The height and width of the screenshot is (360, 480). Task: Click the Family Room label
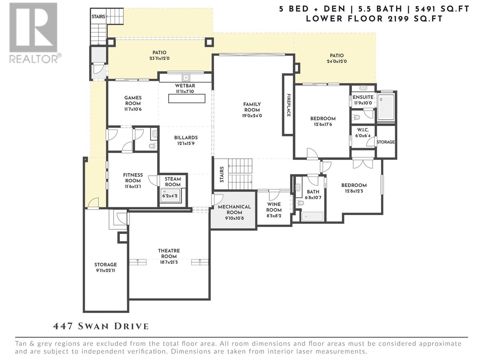pyautogui.click(x=252, y=107)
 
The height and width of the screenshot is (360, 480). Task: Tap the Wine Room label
pyautogui.click(x=274, y=207)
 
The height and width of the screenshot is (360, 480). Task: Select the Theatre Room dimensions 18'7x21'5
pyautogui.click(x=169, y=262)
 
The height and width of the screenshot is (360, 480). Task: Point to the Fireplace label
pyautogui.click(x=289, y=105)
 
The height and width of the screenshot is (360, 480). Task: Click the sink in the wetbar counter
pyautogui.click(x=186, y=77)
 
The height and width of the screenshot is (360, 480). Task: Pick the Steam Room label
pyautogui.click(x=173, y=181)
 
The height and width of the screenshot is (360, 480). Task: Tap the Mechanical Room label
pyautogui.click(x=234, y=209)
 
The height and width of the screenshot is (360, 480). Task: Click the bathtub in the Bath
pyautogui.click(x=313, y=216)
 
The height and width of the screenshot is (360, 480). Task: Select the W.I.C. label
pyautogui.click(x=363, y=130)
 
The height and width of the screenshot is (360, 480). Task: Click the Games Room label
pyautogui.click(x=133, y=100)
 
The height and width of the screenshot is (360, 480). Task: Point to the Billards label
pyautogui.click(x=186, y=137)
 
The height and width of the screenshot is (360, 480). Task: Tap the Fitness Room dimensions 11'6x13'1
pyautogui.click(x=133, y=186)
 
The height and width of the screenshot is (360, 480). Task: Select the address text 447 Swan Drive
pyautogui.click(x=101, y=326)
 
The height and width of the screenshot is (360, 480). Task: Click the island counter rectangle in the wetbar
pyautogui.click(x=187, y=99)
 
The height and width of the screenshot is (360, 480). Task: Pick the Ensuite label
pyautogui.click(x=363, y=97)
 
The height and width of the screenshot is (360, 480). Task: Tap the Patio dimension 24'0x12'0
pyautogui.click(x=337, y=61)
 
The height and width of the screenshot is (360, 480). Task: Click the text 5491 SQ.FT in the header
pyautogui.click(x=442, y=9)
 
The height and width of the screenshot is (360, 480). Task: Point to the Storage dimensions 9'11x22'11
pyautogui.click(x=106, y=270)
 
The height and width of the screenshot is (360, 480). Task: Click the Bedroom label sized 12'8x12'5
pyautogui.click(x=354, y=185)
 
